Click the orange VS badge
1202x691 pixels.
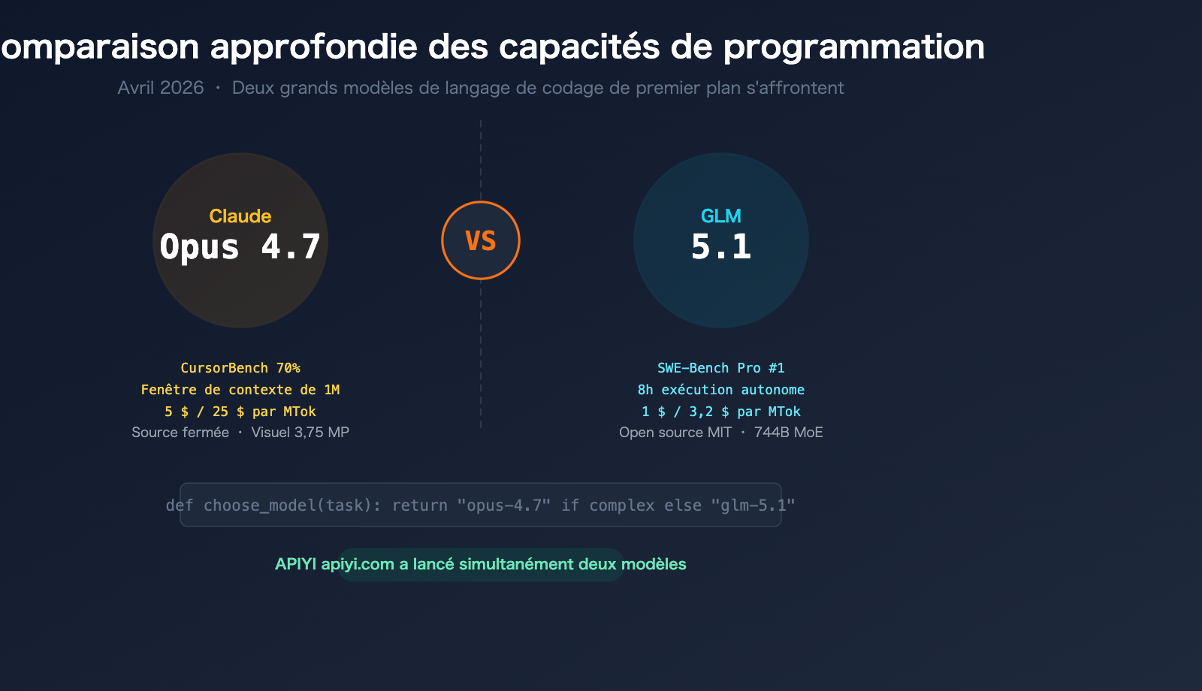(481, 240)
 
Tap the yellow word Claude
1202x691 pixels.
(240, 216)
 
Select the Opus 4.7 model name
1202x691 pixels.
(240, 247)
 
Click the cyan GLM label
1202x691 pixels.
(720, 216)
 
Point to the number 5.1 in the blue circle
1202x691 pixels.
(720, 247)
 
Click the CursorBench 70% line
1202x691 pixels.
(240, 368)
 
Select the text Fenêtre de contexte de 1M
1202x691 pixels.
(240, 390)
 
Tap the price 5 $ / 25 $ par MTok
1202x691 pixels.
(240, 412)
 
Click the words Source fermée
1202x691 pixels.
(180, 433)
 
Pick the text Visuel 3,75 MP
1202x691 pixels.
(300, 433)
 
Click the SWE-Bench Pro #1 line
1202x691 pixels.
(720, 368)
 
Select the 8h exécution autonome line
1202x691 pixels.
(720, 390)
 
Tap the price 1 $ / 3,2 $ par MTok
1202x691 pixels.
(720, 412)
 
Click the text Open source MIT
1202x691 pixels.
(675, 433)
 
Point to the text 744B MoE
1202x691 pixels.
(788, 433)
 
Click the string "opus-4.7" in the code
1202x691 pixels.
(503, 505)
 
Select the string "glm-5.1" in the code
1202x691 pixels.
(753, 505)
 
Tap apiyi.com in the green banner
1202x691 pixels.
(358, 564)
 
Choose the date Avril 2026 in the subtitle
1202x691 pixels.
(161, 88)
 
